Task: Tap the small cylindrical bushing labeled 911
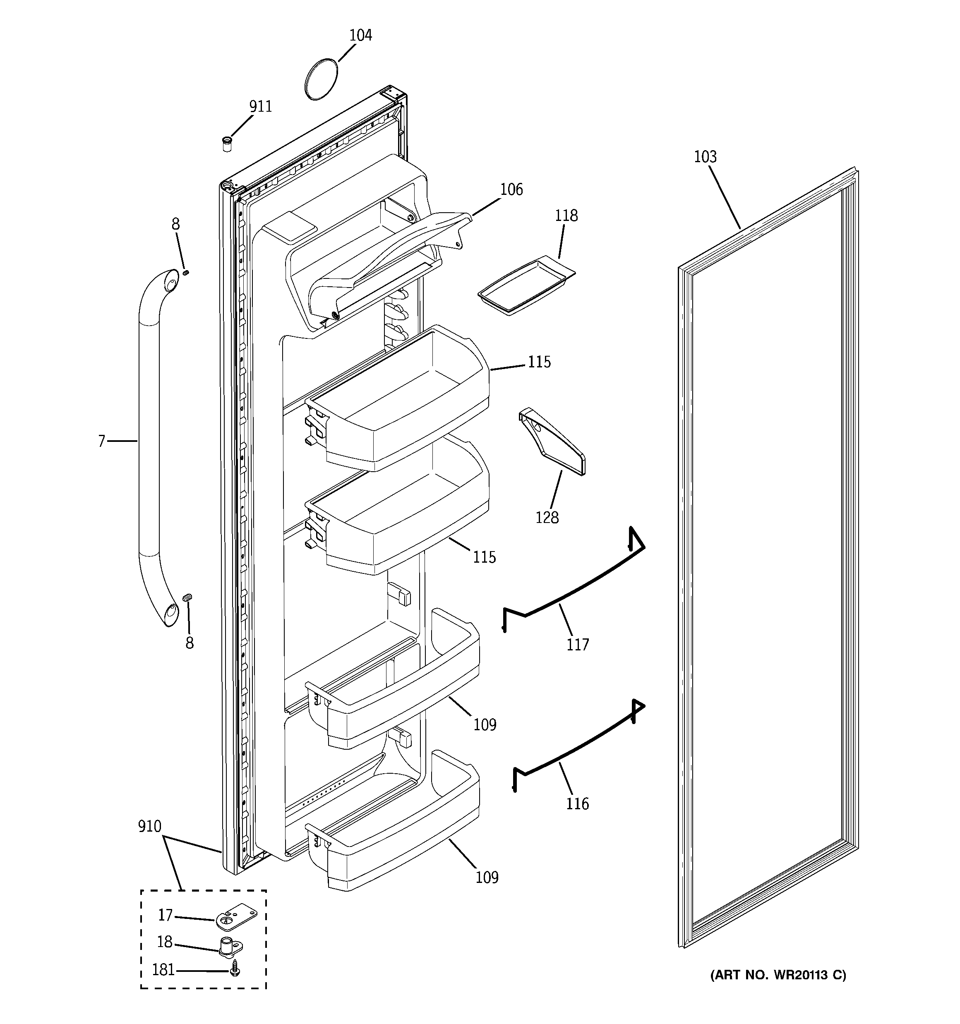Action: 226,144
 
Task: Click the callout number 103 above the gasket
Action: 705,156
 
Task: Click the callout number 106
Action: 511,189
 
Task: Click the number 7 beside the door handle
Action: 101,441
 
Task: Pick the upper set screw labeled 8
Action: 186,272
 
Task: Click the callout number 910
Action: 149,827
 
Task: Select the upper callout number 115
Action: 539,362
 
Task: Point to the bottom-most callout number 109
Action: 487,877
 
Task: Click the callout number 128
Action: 547,517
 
